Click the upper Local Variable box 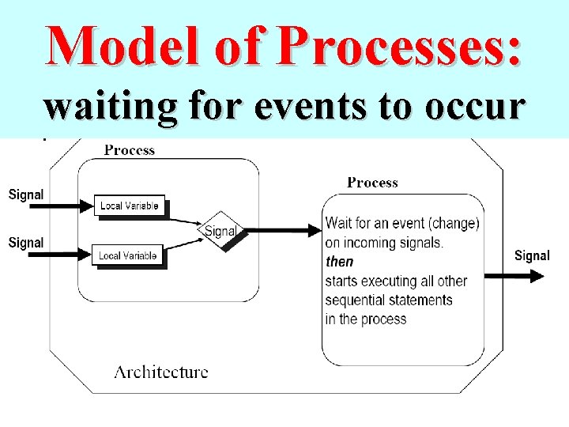tap(129, 206)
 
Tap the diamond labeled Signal tap(220, 231)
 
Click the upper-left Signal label tap(26, 194)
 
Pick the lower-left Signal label tap(26, 243)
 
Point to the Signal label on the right tap(532, 255)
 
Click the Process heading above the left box tap(130, 149)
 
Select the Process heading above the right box tap(372, 183)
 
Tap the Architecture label tap(161, 371)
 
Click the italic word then tap(340, 262)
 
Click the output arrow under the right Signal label tap(514, 275)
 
